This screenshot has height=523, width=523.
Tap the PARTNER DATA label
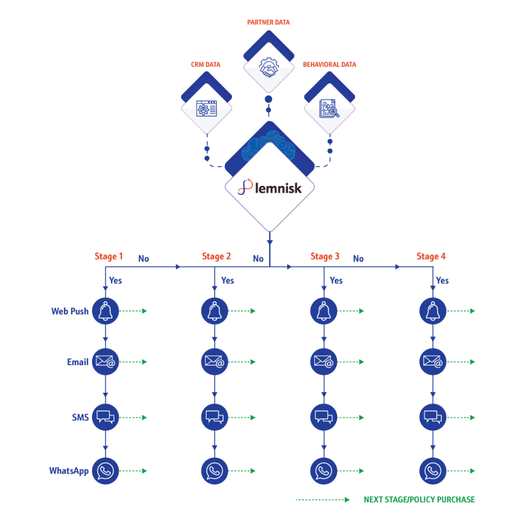(269, 22)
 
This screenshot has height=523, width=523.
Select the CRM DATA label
(206, 65)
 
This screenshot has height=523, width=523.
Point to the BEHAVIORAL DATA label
(329, 65)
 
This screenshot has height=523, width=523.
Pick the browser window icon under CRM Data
(207, 108)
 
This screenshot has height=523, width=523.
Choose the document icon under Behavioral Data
(329, 108)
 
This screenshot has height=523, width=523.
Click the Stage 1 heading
(109, 256)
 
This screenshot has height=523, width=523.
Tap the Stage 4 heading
(431, 256)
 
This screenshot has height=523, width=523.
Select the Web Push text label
(70, 311)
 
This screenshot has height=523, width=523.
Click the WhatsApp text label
(69, 471)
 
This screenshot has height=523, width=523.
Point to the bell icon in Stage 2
(215, 311)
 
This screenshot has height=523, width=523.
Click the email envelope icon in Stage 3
(323, 362)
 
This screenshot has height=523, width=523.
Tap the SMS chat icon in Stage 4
(433, 417)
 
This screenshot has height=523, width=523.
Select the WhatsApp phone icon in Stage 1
(105, 471)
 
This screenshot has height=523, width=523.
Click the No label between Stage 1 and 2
(144, 259)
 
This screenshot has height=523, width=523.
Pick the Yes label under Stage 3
(336, 280)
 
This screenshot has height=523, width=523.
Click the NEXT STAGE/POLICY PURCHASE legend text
(419, 500)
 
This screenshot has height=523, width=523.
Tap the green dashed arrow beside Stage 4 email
(462, 362)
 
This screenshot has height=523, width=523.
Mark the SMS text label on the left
(80, 417)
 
